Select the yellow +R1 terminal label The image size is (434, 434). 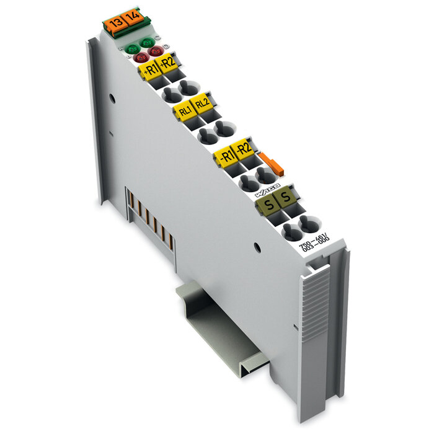coord(149,69)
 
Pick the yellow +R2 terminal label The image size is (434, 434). coord(168,62)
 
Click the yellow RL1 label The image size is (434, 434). coord(184,111)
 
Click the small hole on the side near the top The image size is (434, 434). coord(112,97)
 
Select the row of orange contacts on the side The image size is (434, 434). coord(149,217)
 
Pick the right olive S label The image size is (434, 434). coord(286,198)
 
